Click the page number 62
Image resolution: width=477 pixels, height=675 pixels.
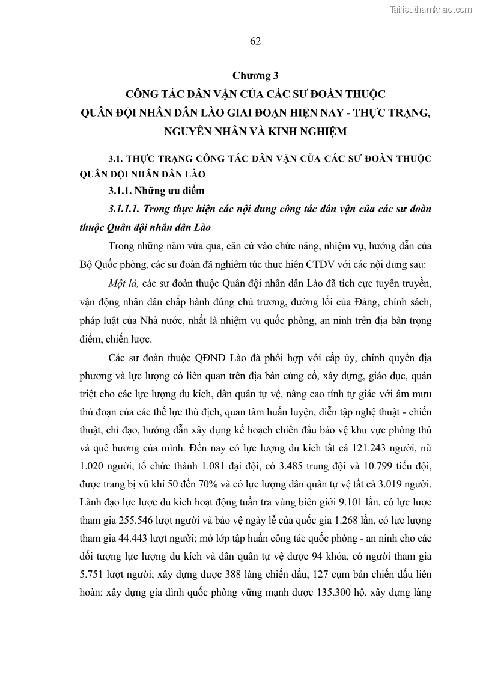point(255,41)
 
